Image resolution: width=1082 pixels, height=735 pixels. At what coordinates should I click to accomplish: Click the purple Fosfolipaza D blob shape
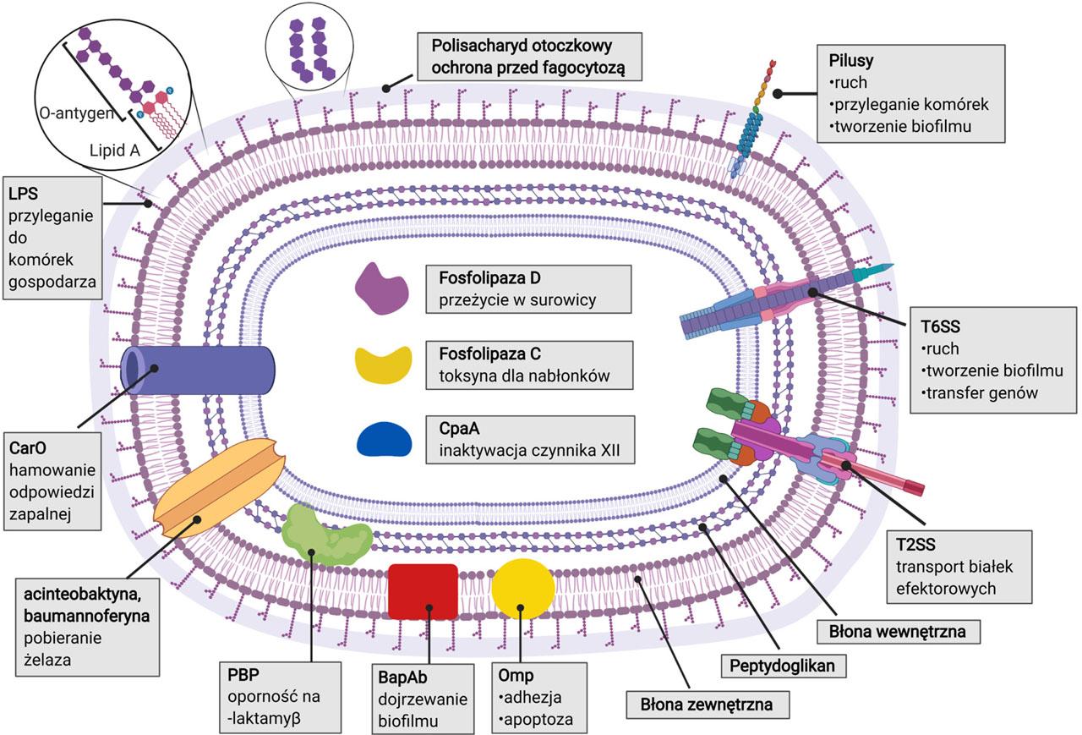point(381,289)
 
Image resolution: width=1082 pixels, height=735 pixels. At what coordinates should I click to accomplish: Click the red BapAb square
point(423,592)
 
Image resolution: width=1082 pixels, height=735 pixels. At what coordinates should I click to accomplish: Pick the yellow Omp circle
point(523,590)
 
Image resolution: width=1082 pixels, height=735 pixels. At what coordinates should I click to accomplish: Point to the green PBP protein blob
point(325,533)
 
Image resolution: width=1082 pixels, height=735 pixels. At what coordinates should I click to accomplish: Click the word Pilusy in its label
point(851,62)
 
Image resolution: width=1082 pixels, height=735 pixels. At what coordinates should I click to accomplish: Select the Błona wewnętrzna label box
point(879,630)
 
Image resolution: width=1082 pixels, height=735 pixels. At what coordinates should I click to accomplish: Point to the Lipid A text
point(116,150)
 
